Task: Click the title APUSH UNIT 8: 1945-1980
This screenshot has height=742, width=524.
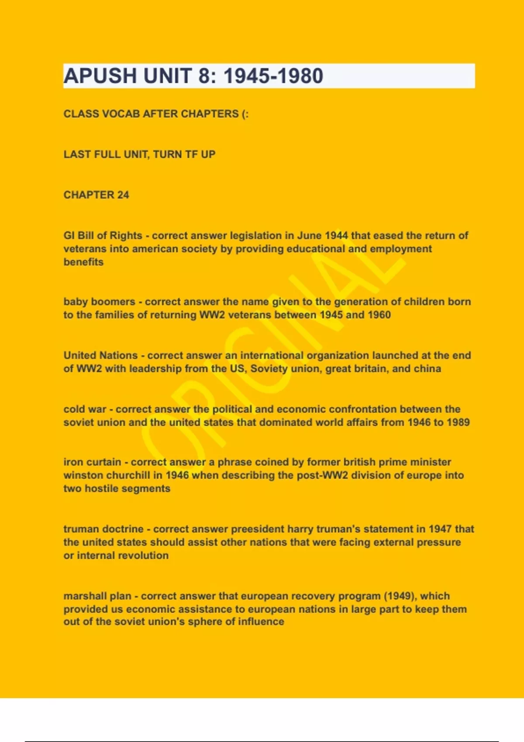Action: point(193,76)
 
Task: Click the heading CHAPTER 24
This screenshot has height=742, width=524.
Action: point(96,195)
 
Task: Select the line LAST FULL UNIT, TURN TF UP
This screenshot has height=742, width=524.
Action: point(139,155)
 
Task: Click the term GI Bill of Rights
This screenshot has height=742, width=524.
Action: point(103,236)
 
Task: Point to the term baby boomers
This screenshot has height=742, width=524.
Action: point(99,302)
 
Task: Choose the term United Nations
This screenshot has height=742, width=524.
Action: point(100,355)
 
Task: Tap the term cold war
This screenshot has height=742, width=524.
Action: point(85,409)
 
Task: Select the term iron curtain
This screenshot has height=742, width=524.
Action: point(92,462)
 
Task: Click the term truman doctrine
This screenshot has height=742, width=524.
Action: point(103,529)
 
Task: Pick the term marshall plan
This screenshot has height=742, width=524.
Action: point(97,596)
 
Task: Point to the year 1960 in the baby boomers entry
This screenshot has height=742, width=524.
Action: point(379,315)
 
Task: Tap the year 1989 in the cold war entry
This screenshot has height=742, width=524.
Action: point(458,422)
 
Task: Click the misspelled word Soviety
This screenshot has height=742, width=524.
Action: point(269,368)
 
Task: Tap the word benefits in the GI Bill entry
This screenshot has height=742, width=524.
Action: point(83,262)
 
